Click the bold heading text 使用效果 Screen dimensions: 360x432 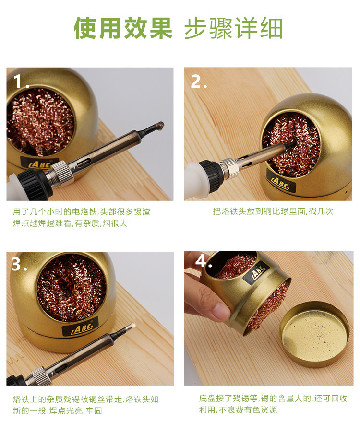[123, 28]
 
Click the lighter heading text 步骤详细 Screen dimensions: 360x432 [233, 28]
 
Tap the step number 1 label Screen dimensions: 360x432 [21, 82]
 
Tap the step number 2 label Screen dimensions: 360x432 [199, 82]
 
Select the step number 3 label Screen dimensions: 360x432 [19, 263]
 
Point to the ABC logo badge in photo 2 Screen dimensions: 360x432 [281, 183]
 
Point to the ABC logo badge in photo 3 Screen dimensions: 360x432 [80, 327]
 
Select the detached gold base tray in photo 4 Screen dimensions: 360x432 [315, 333]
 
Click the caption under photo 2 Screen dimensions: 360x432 [273, 211]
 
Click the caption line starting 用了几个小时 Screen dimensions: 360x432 [82, 211]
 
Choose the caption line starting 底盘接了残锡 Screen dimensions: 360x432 [273, 398]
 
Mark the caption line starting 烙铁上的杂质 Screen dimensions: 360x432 [85, 399]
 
